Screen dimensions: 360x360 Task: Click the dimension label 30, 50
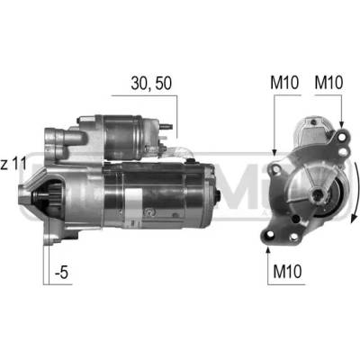click(151, 84)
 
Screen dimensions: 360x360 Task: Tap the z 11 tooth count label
click(13, 165)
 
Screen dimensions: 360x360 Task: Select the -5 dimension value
click(62, 273)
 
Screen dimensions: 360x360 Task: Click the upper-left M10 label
click(284, 83)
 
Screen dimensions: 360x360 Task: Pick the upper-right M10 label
click(328, 83)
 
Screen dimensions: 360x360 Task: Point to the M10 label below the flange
click(287, 272)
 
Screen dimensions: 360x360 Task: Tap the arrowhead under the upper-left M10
click(274, 152)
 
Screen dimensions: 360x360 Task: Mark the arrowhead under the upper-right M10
click(341, 124)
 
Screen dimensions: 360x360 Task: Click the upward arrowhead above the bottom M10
click(268, 251)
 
